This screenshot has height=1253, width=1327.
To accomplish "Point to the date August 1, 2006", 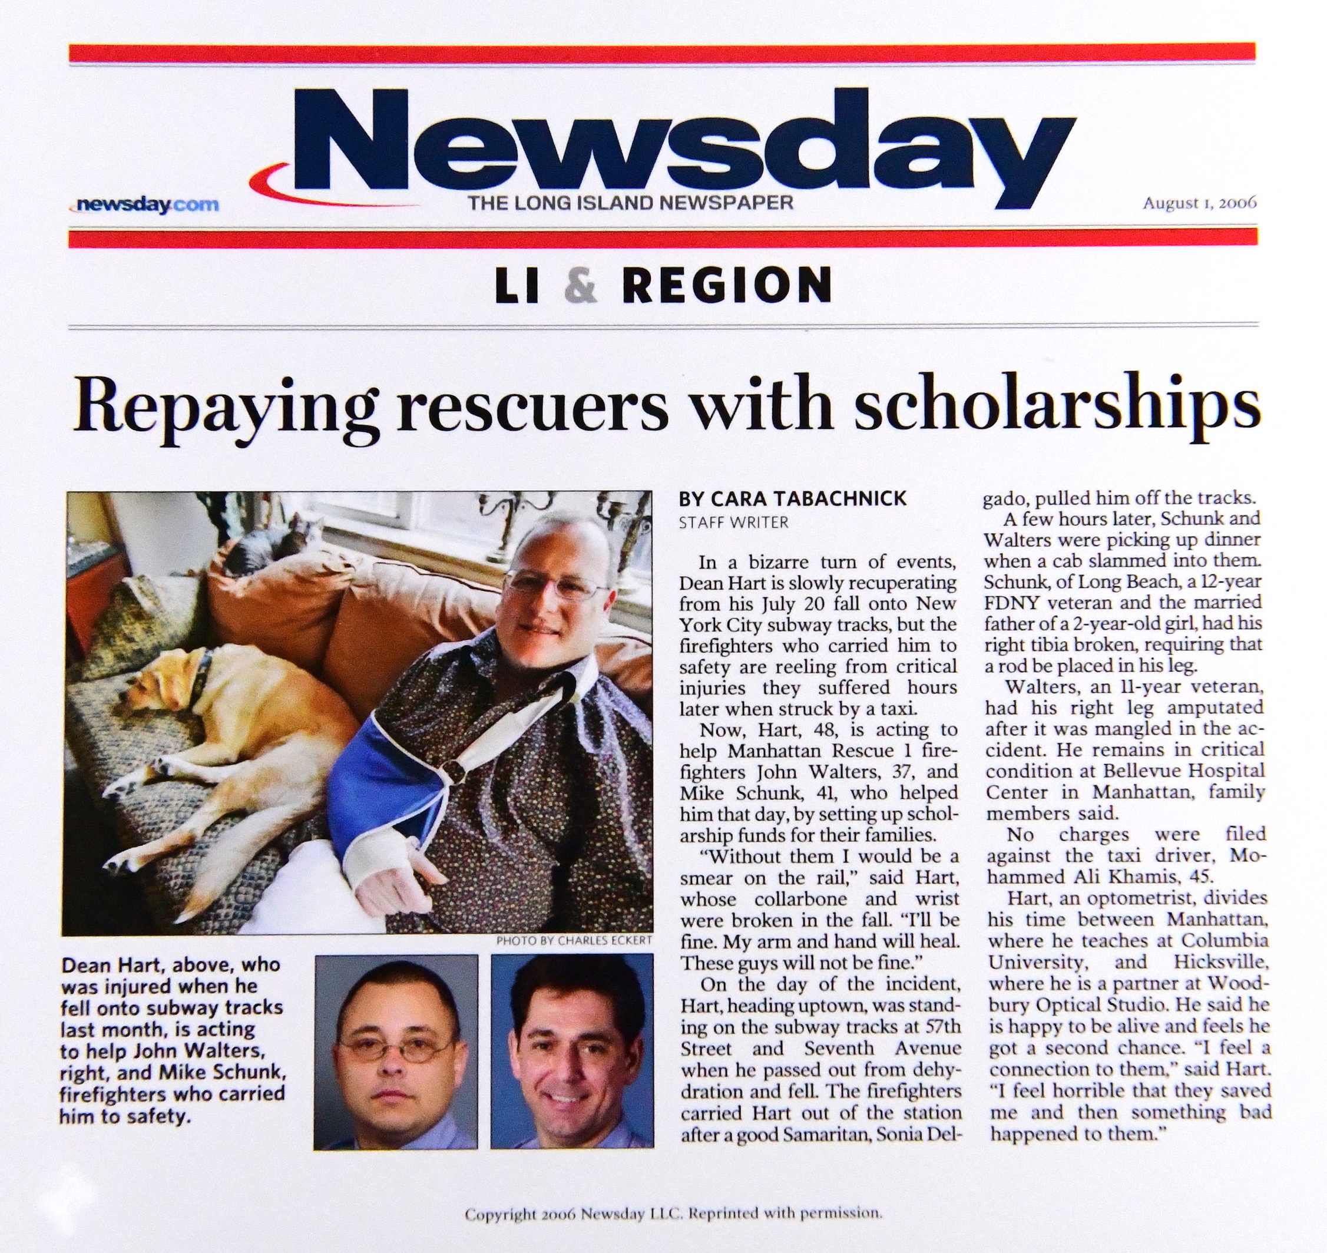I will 1199,203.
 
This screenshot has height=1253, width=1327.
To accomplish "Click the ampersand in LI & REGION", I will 580,285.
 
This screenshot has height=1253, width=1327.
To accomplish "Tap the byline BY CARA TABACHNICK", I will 792,498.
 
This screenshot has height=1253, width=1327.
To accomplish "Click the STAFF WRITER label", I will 733,523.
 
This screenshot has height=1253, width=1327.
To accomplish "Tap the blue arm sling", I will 374,775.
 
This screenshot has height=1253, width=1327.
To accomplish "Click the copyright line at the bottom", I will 673,1214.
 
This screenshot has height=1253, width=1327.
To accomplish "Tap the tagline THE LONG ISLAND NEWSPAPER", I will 630,203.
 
